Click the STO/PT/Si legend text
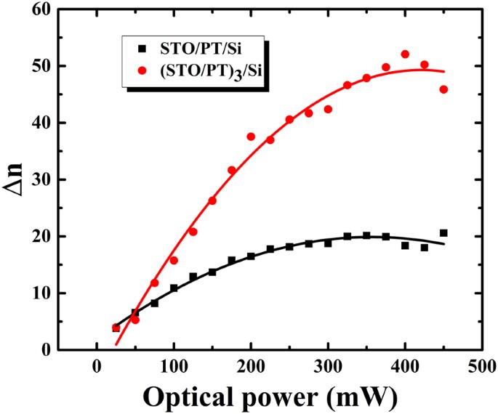(191, 49)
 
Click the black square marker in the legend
(143, 49)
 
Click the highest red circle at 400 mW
(405, 54)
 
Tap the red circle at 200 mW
(251, 137)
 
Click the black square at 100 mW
(174, 288)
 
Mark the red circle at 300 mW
(328, 109)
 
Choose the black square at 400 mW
(405, 245)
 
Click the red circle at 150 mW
(212, 200)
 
